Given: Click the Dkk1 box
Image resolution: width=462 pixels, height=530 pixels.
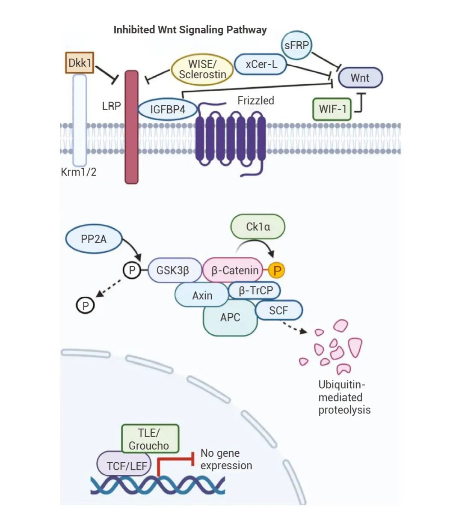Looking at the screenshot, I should tap(80, 63).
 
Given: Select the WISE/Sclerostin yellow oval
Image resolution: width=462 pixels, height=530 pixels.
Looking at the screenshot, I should tap(202, 69).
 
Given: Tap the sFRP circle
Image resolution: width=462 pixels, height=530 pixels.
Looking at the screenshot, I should tap(297, 45).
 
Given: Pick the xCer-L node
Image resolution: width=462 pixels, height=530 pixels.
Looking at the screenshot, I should tap(261, 64).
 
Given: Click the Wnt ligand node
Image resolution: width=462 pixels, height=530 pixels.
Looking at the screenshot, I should tap(360, 77).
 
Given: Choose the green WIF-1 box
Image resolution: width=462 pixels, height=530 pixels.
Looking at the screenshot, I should tap(332, 109).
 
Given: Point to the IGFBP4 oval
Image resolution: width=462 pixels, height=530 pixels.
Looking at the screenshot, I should tap(168, 110).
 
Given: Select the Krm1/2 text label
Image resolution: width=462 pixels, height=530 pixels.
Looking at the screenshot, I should tap(79, 172).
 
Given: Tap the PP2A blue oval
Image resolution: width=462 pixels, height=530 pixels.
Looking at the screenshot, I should tap(94, 239).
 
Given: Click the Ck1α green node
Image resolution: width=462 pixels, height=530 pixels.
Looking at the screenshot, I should tap(258, 226).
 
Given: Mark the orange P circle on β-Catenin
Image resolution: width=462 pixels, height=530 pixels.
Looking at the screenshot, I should tap(277, 271).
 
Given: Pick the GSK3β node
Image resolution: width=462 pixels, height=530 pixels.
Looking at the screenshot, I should tap(173, 271).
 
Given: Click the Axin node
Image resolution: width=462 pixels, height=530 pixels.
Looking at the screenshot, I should tap(202, 295).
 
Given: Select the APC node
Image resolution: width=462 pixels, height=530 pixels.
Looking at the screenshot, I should tap(230, 318).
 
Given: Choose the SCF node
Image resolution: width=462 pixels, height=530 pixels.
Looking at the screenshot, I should tap(279, 310).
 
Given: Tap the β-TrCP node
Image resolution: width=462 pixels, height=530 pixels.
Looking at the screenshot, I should tap(255, 291).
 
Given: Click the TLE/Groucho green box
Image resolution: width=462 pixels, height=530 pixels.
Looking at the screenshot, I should tap(150, 439).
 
